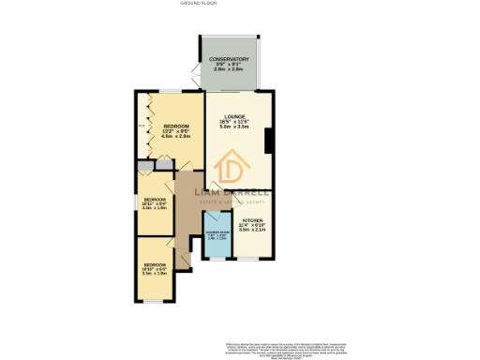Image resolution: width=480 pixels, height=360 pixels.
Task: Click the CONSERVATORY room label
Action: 230,59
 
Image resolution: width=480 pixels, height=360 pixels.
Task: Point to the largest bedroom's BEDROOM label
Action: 176,127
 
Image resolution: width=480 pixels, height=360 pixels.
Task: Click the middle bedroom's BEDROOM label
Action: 155,200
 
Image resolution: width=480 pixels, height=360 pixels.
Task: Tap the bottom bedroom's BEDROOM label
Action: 154,266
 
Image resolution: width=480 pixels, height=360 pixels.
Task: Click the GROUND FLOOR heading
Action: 239,4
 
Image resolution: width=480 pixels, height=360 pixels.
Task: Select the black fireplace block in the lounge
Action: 270,142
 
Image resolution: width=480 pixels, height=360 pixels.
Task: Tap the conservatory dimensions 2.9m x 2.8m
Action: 230,70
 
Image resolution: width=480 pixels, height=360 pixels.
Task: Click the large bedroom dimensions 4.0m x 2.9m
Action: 176,138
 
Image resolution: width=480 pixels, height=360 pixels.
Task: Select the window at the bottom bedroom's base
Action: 154,300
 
